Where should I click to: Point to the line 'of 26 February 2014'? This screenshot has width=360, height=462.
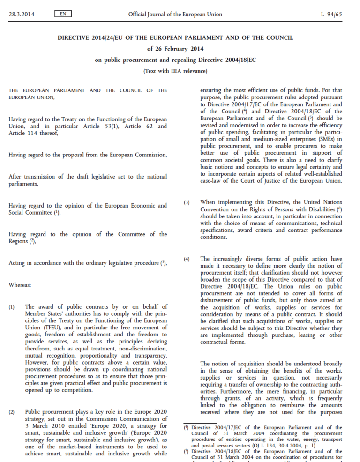click(x=175, y=48)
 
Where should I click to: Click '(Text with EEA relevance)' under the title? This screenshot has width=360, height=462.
click(x=175, y=71)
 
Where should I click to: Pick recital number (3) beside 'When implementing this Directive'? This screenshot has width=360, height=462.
click(x=187, y=202)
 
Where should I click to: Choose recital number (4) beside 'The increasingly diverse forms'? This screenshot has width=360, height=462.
click(x=187, y=259)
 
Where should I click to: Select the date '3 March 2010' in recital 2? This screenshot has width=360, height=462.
click(x=43, y=426)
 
